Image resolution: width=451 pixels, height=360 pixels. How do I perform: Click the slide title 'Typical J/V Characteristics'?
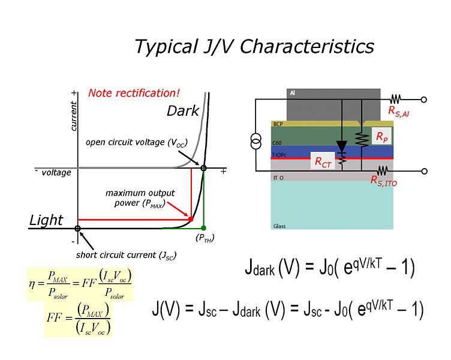pyautogui.click(x=254, y=46)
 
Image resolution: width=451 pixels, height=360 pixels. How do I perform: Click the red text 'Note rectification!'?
pyautogui.click(x=134, y=93)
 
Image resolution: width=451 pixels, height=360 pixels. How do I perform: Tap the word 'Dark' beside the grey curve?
pyautogui.click(x=182, y=111)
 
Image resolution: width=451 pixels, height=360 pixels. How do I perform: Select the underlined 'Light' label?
pyautogui.click(x=46, y=220)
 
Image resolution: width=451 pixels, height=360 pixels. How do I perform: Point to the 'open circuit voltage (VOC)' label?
pyautogui.click(x=136, y=143)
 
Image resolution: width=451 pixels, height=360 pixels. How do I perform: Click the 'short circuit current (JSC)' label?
pyautogui.click(x=126, y=254)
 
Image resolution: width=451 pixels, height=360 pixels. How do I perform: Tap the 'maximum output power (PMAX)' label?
pyautogui.click(x=140, y=197)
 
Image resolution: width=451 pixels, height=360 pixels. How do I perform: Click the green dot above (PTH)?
pyautogui.click(x=204, y=228)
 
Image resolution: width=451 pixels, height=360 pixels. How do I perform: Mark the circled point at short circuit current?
pyautogui.click(x=78, y=228)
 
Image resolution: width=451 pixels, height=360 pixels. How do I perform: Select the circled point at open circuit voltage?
pyautogui.click(x=204, y=168)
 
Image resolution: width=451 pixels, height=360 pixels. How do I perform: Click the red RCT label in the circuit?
pyautogui.click(x=323, y=161)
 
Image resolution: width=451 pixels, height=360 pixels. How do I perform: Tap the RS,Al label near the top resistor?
pyautogui.click(x=399, y=110)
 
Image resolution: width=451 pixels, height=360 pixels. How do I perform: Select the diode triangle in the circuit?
pyautogui.click(x=342, y=146)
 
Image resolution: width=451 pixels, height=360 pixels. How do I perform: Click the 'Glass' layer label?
pyautogui.click(x=279, y=226)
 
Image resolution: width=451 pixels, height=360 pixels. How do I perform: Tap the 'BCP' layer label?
pyautogui.click(x=278, y=124)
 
